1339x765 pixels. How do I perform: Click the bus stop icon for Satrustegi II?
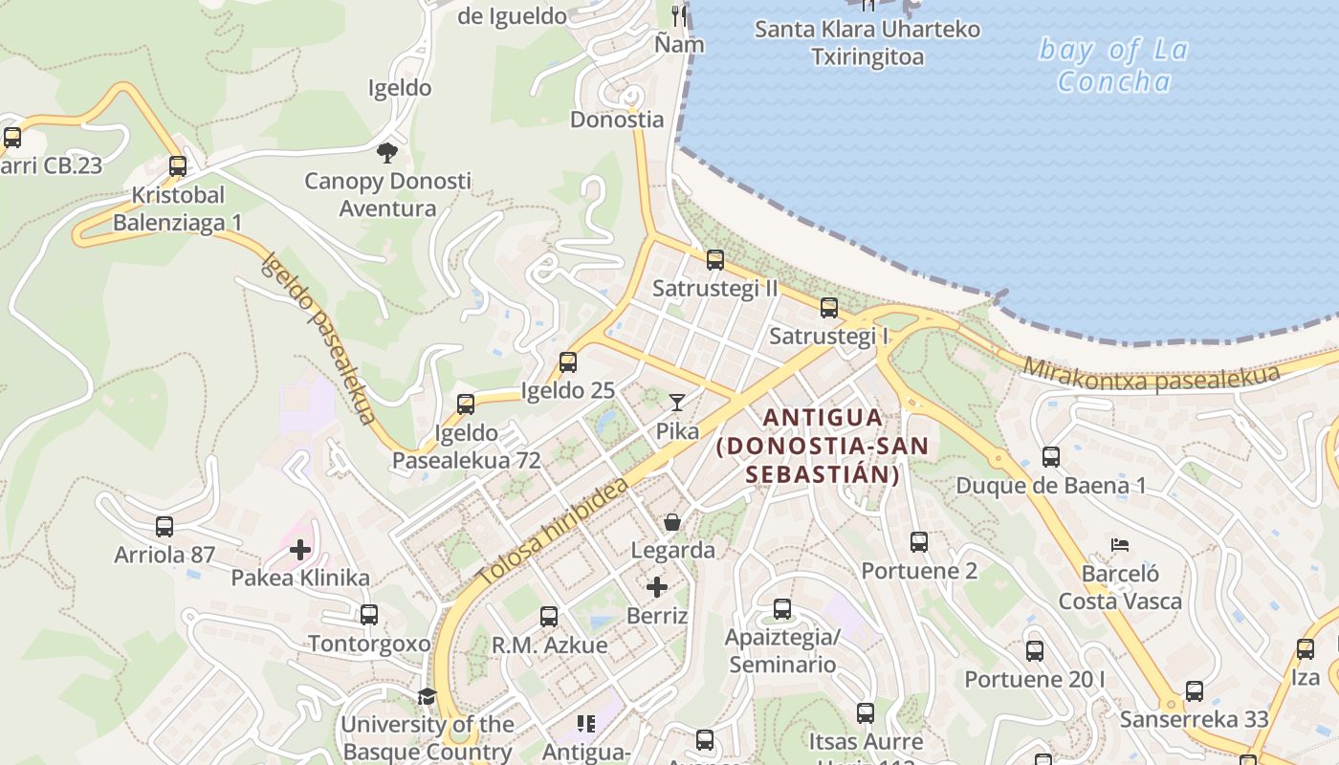click(x=714, y=260)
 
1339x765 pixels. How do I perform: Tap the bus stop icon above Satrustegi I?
click(x=829, y=308)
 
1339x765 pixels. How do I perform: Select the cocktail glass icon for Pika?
click(x=677, y=403)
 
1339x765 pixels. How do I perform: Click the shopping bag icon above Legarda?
click(x=672, y=522)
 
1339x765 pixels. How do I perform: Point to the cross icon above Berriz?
click(x=657, y=586)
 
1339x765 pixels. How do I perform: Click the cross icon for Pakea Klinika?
click(x=300, y=550)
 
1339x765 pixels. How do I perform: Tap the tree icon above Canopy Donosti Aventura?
click(x=387, y=153)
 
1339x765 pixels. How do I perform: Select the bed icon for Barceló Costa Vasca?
click(x=1120, y=545)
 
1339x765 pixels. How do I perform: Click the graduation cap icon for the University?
click(x=427, y=696)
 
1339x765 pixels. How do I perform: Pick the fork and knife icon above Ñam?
click(x=680, y=15)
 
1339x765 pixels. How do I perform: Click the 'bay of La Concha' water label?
click(x=1113, y=65)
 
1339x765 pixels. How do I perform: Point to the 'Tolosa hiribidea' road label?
click(x=553, y=533)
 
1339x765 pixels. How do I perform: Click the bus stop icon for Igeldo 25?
click(x=568, y=362)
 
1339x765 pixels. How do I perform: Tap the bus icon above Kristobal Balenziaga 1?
click(x=178, y=166)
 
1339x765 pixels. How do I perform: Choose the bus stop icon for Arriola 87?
click(x=165, y=527)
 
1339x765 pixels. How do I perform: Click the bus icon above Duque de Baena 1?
click(x=1051, y=457)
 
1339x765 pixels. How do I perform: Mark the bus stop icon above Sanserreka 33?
click(x=1194, y=691)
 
